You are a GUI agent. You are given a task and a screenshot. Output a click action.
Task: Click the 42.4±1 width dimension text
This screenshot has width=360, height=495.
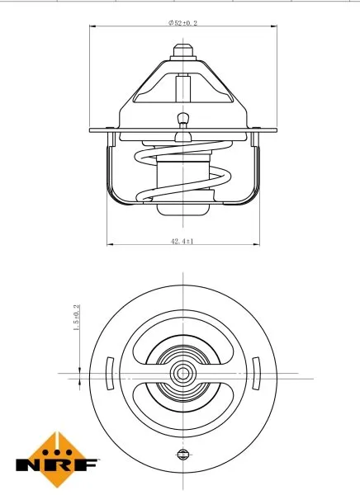coord(181,241)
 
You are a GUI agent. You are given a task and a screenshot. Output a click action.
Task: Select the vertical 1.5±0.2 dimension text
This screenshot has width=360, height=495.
coord(77,318)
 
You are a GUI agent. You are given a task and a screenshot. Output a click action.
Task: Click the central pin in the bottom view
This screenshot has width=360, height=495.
coord(181,374)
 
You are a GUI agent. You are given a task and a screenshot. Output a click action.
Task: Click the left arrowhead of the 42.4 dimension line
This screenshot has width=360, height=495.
coord(109,245)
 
